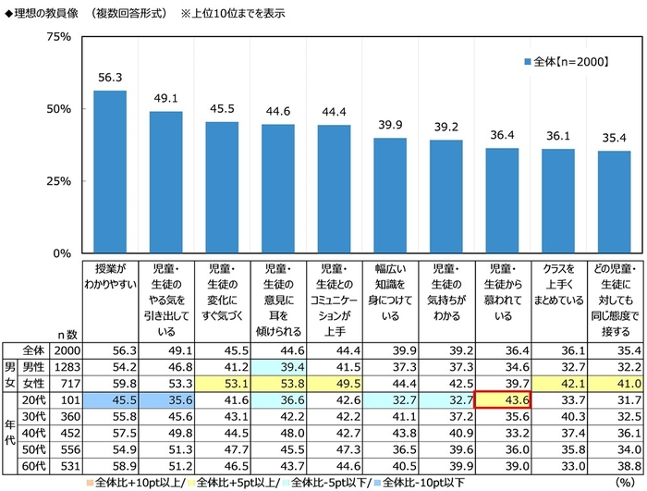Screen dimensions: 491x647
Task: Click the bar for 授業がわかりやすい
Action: pyautogui.click(x=110, y=171)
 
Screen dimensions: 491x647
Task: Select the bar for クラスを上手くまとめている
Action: pyautogui.click(x=557, y=201)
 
